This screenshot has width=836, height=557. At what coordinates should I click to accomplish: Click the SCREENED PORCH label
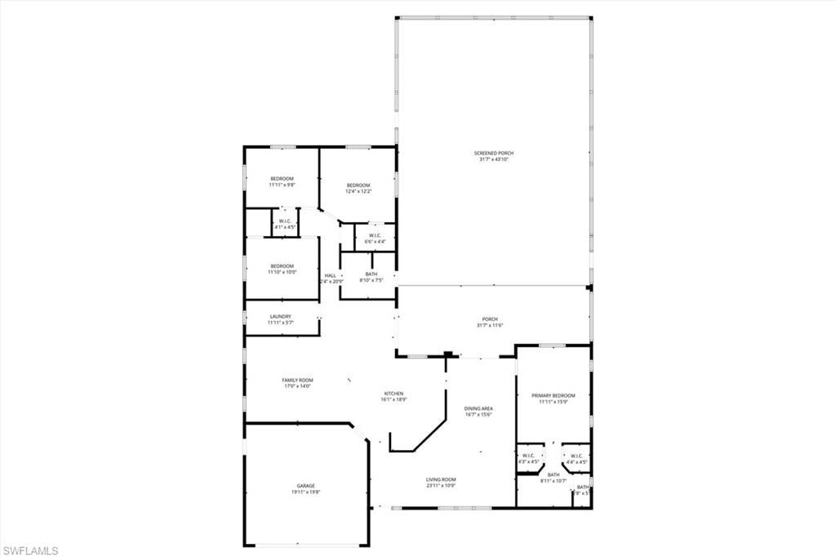point(494,153)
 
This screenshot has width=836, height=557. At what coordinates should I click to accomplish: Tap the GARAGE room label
point(305,485)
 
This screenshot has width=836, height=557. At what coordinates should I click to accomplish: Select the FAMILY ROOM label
point(298,380)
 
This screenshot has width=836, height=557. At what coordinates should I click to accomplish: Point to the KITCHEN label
point(394,394)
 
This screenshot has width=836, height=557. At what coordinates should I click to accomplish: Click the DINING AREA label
point(478,408)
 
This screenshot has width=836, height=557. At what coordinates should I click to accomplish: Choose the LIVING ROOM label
point(441,479)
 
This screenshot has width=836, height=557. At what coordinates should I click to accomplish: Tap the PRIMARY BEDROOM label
point(554,395)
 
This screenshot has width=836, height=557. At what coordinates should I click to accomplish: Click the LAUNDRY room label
point(280,316)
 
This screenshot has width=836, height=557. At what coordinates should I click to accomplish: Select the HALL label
point(331,275)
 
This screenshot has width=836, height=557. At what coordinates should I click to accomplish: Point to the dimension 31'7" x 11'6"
point(490,326)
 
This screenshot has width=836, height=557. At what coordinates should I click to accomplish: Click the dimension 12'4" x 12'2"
point(358,192)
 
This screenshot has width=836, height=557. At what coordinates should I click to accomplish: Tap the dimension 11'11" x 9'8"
point(282,185)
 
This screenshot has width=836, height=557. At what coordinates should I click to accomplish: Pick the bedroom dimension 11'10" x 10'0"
point(282,272)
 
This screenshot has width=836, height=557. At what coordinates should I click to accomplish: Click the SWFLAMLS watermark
point(30,550)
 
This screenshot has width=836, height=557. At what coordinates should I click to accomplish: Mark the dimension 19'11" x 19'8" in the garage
point(305,492)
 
